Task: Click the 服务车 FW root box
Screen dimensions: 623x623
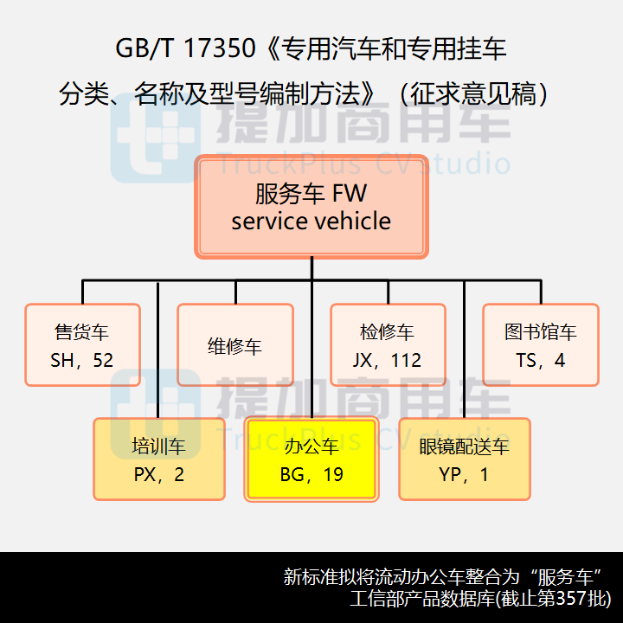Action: point(311,207)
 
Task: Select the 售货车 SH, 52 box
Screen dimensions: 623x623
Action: point(82,345)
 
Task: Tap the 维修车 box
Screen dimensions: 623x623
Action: point(234,345)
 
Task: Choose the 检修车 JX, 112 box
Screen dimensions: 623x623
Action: point(388,345)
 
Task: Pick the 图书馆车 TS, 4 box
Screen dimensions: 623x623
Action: point(540,345)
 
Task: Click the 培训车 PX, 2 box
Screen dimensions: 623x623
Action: point(159,459)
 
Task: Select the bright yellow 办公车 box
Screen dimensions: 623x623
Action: point(311,459)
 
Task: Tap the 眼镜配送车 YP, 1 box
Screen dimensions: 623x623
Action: point(464,459)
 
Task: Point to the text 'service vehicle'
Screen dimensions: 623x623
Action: point(311,222)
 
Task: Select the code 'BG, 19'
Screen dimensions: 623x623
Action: point(311,474)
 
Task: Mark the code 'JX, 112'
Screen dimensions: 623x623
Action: point(388,360)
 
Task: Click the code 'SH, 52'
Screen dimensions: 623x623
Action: point(82,360)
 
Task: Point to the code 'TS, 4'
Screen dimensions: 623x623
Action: point(540,360)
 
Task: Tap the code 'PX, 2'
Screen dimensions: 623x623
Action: point(159,474)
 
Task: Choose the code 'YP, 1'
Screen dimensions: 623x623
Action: point(464,474)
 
